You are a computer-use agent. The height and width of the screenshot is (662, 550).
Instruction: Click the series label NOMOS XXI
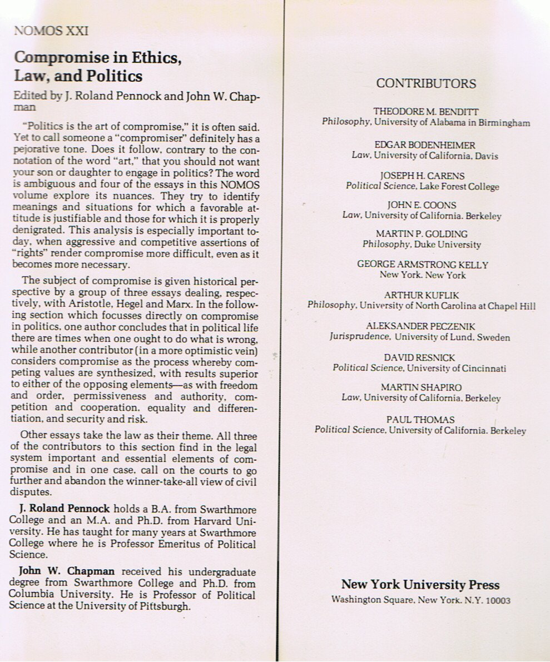click(x=51, y=31)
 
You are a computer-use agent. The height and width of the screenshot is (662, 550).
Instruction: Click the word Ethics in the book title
click(x=154, y=57)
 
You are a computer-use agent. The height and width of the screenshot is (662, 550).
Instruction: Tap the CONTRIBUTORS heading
click(x=426, y=83)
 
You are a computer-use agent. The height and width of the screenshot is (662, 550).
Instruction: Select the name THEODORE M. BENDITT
click(x=426, y=112)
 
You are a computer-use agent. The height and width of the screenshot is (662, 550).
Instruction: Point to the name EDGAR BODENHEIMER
click(x=425, y=145)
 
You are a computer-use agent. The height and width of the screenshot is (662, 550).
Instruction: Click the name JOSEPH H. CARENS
click(x=423, y=176)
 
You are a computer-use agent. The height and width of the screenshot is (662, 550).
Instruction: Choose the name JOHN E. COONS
click(x=422, y=205)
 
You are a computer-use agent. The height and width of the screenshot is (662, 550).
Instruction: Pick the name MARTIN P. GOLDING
click(x=422, y=234)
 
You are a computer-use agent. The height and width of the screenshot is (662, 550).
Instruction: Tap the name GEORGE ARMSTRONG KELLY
click(x=423, y=265)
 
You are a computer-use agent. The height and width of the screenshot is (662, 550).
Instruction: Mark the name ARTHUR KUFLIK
click(x=422, y=295)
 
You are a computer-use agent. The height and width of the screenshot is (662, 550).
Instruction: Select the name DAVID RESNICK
click(x=419, y=357)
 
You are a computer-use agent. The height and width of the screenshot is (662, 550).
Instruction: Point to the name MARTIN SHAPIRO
click(x=421, y=387)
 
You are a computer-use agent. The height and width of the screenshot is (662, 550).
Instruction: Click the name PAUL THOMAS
click(x=420, y=420)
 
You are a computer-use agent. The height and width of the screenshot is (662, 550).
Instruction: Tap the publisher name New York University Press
click(x=420, y=584)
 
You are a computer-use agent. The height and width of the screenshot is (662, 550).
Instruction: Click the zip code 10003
click(x=498, y=600)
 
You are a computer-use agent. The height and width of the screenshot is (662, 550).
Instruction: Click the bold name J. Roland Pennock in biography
click(x=65, y=509)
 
